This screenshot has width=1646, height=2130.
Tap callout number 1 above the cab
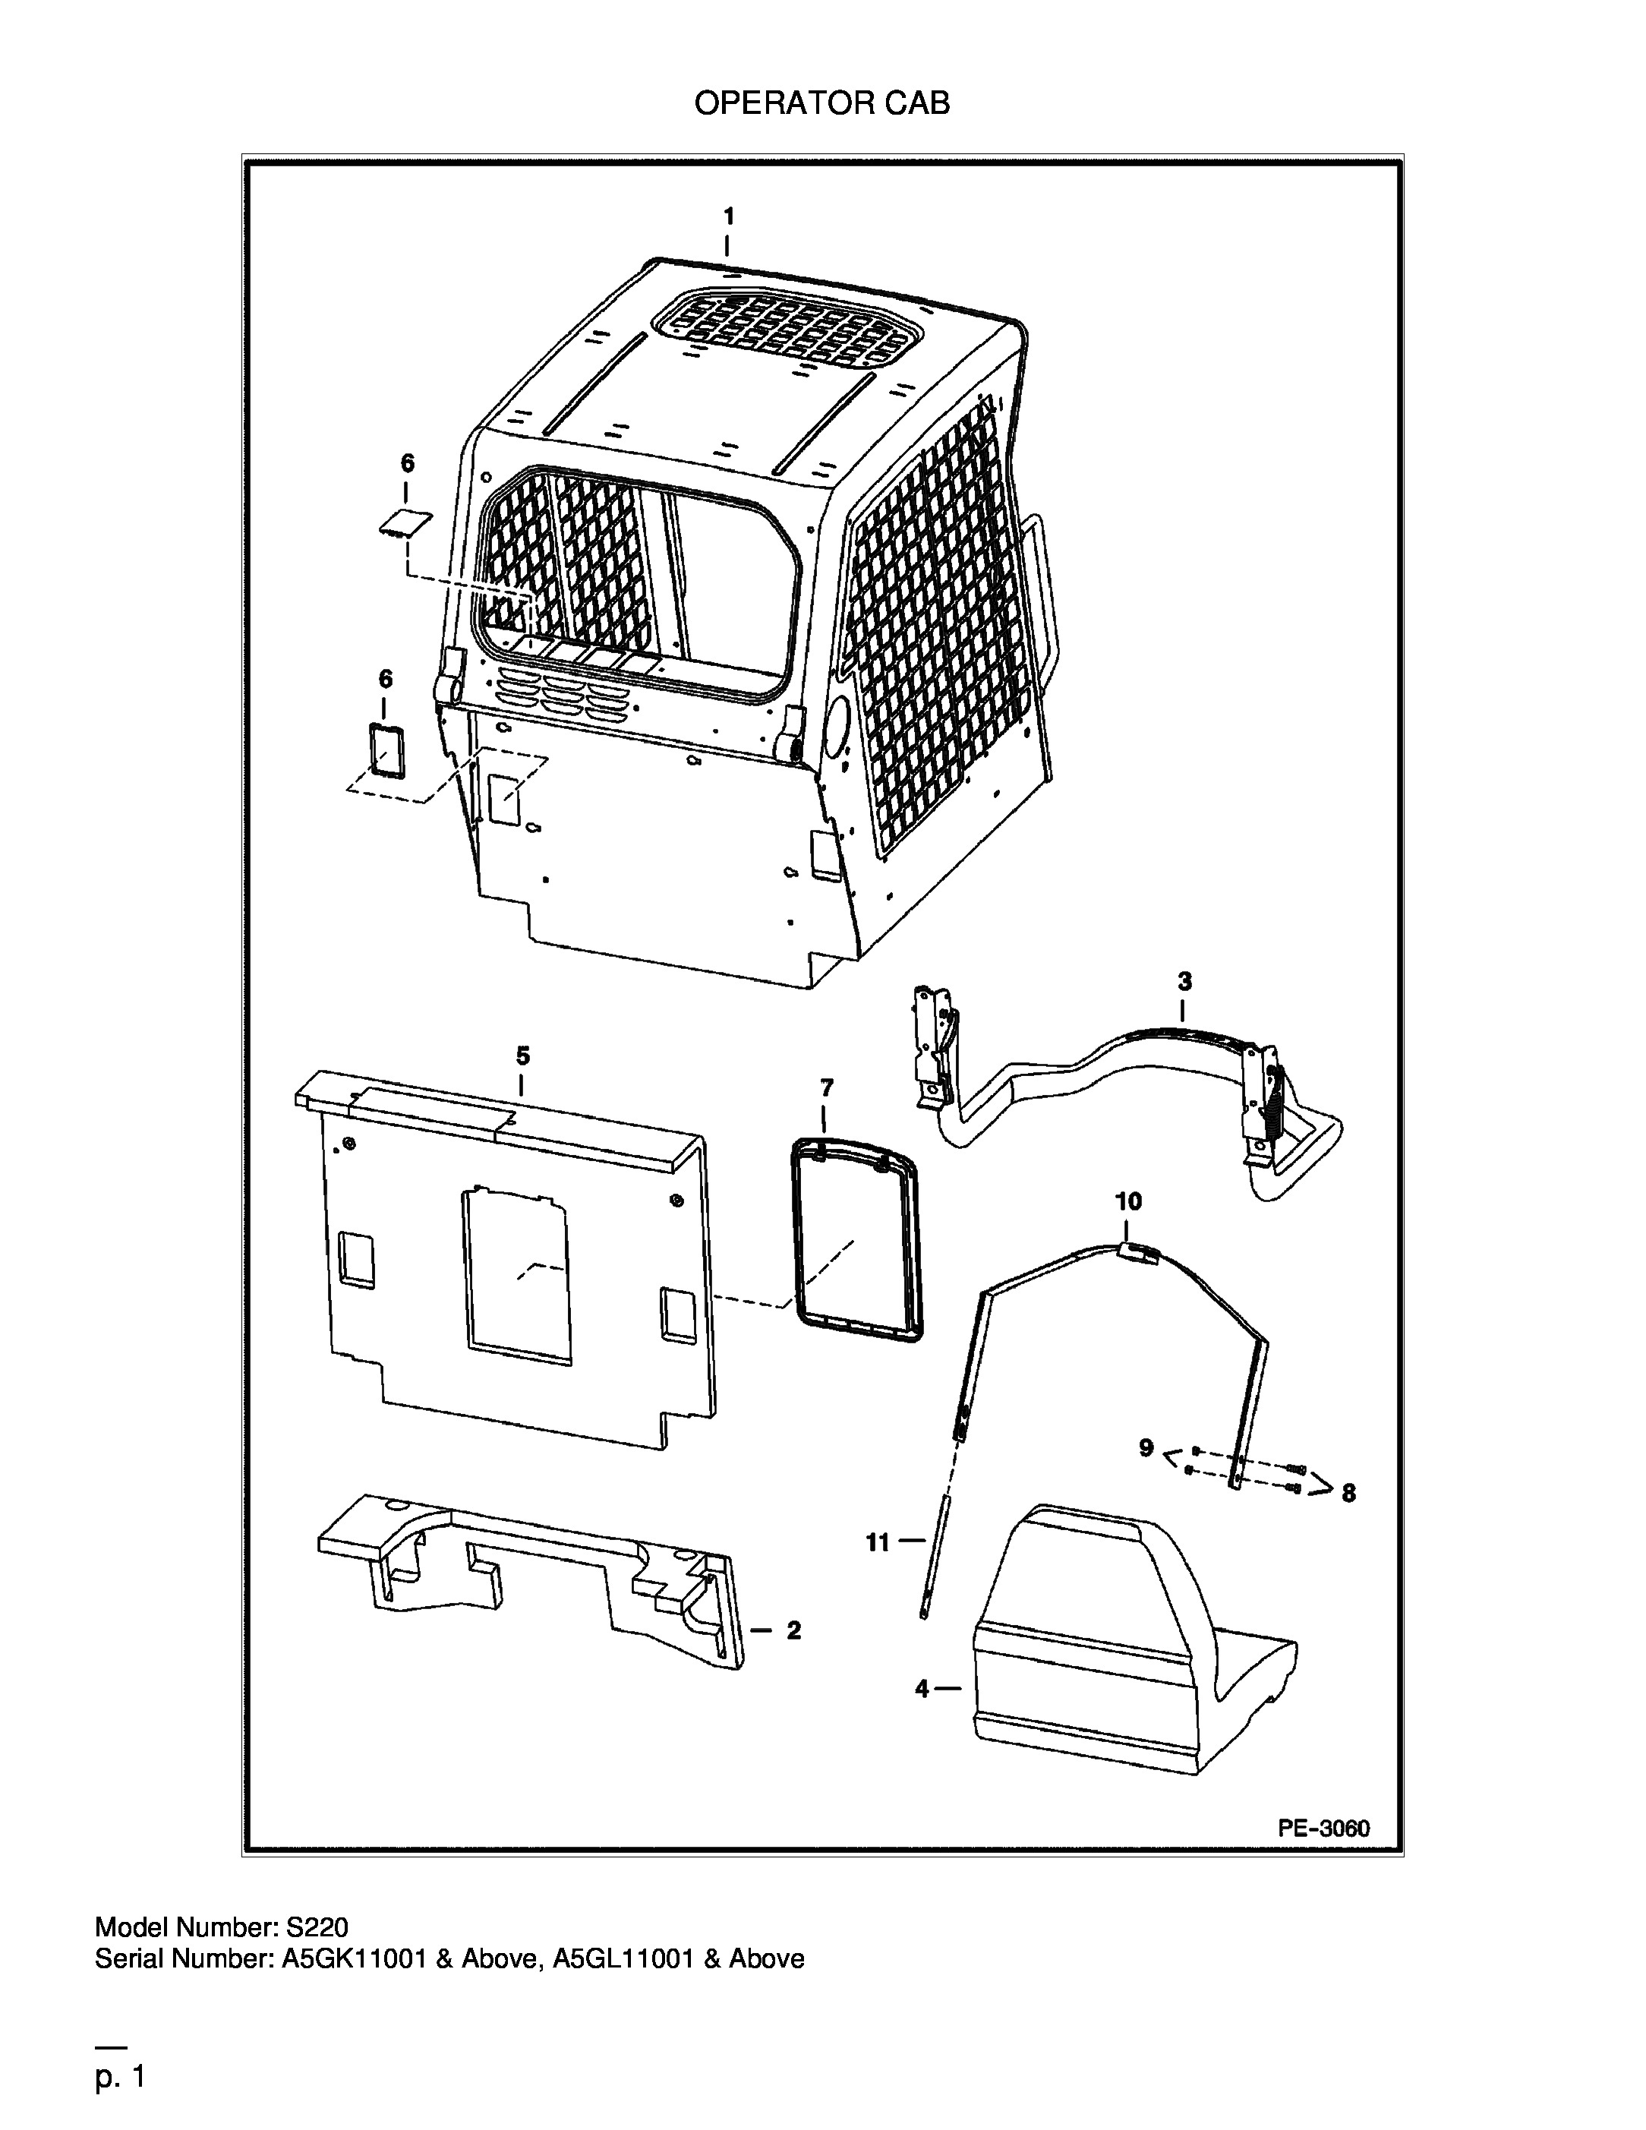pos(728,216)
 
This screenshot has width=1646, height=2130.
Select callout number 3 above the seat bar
pos(1184,981)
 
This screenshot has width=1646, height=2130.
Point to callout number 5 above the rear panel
pos(522,1056)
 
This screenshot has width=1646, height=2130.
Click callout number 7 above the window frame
pos(827,1087)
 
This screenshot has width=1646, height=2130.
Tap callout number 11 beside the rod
pos(878,1542)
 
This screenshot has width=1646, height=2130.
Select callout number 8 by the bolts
pos(1348,1493)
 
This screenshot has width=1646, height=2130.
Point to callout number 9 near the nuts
pos(1146,1448)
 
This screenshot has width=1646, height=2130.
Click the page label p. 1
pos(120,2078)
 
